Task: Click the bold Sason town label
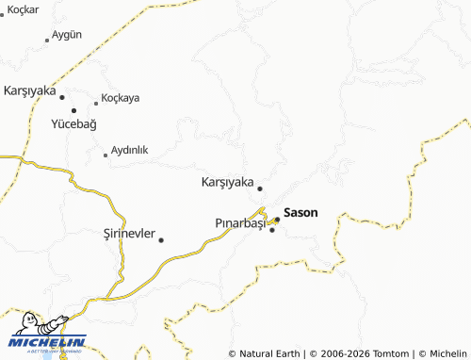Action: pos(300,213)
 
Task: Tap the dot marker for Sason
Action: pos(277,221)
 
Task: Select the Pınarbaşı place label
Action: pos(241,222)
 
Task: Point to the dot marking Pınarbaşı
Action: pos(272,230)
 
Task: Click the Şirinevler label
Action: pos(128,234)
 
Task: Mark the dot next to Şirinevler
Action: pos(161,239)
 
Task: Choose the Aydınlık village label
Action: pos(130,150)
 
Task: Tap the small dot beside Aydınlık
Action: pos(106,155)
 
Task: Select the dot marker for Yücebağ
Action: pos(73,111)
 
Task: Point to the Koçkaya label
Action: pos(121,98)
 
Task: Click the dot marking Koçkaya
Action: pos(95,102)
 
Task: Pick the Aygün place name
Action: pos(67,34)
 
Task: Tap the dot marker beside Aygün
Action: pos(47,41)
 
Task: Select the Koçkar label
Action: pos(23,8)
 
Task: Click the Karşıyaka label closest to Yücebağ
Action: pos(30,90)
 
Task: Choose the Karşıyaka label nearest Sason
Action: pos(227,182)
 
